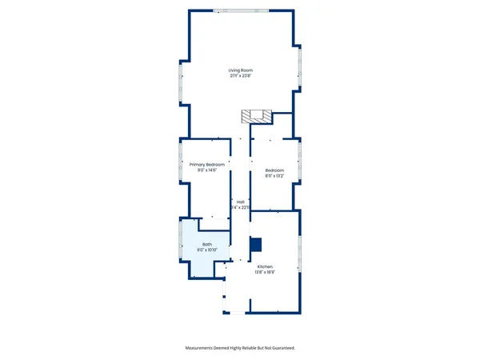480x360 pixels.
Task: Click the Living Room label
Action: [x=240, y=70]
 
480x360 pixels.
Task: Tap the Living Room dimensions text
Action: [x=240, y=77]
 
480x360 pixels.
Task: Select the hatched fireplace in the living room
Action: [x=250, y=117]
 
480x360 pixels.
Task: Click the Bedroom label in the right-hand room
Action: [x=275, y=170]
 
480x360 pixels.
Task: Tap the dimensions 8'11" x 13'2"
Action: [x=275, y=176]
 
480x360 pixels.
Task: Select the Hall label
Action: [x=240, y=202]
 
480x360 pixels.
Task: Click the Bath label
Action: [x=207, y=244]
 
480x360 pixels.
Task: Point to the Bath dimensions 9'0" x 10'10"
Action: [x=207, y=250]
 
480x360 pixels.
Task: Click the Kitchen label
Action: [x=266, y=266]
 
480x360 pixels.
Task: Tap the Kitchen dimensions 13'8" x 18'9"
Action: [x=266, y=272]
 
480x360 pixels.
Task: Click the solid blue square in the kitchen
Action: [x=256, y=245]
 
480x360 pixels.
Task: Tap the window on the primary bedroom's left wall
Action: [x=178, y=160]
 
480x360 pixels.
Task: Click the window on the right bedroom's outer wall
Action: [x=300, y=160]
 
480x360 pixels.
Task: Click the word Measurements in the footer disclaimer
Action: [x=202, y=348]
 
